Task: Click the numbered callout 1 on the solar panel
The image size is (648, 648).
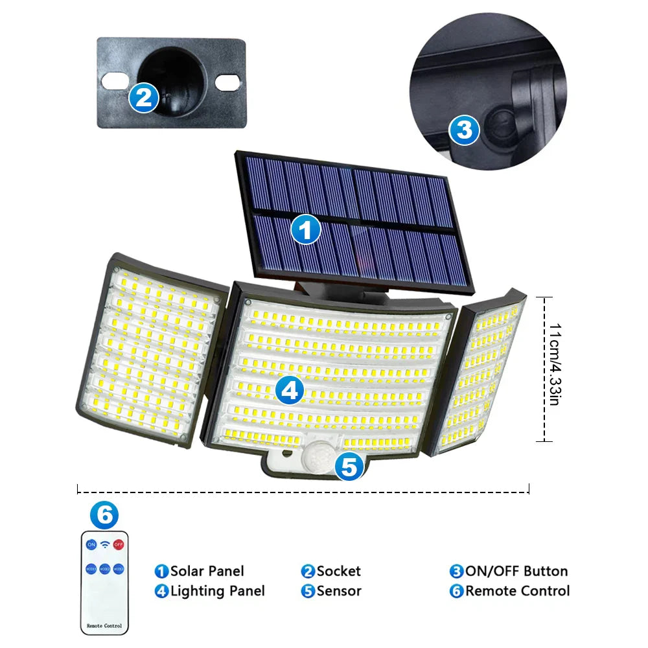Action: coord(306,229)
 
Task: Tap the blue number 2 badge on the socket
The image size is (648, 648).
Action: coord(143,98)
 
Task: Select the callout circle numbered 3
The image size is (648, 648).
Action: coord(464,131)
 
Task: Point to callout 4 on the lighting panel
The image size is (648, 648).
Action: coord(289,390)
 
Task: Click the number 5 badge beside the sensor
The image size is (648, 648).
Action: coord(349,465)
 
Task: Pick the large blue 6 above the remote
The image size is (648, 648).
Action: coord(104,515)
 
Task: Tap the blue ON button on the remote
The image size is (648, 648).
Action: coord(91,544)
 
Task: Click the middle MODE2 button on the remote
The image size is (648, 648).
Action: coord(105,568)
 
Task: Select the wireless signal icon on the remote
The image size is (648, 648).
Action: coord(105,544)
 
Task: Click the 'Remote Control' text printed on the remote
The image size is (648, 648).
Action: coord(104,627)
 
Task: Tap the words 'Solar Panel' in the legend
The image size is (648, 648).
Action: coord(207,571)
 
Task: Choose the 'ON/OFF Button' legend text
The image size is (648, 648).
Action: coord(516,571)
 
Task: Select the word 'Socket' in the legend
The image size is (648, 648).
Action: coord(338,571)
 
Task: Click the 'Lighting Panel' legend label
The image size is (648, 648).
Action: coord(217,591)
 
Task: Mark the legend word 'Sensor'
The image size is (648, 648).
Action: coord(338,591)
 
